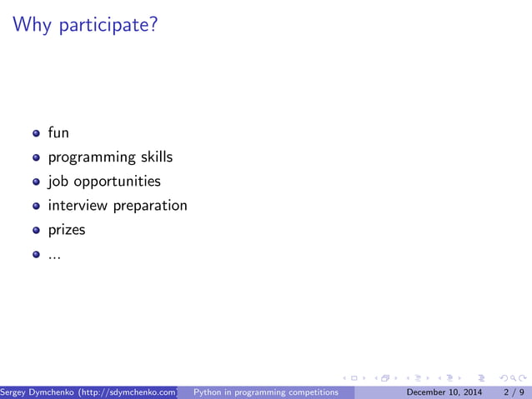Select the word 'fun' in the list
58,132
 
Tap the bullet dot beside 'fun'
36,133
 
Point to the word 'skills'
156,157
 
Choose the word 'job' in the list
58,182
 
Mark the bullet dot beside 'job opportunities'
36,182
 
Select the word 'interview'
78,205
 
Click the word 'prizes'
67,230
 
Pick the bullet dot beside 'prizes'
36,230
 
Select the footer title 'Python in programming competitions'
265,392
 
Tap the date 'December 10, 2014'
443,392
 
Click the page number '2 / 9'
514,392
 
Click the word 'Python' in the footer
207,392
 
